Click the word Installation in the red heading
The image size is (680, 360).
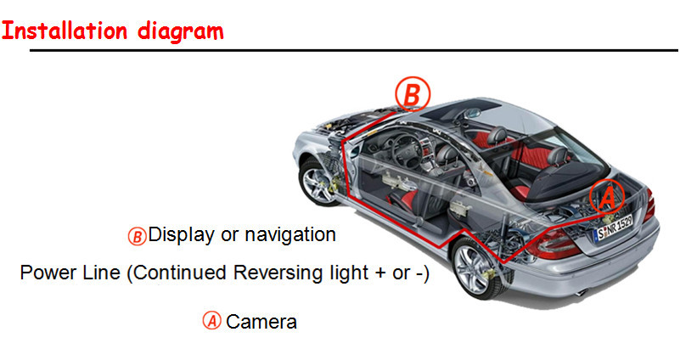point(65,31)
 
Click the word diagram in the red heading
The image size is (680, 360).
point(181,31)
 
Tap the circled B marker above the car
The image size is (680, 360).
point(413,94)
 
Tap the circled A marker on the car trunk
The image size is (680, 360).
point(607,196)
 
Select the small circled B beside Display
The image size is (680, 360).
point(137,237)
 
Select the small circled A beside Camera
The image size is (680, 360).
point(212,321)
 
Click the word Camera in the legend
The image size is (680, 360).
point(261,322)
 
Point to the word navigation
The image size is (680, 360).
point(290,234)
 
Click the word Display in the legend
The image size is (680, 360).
point(182,234)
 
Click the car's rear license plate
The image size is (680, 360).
point(613,228)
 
